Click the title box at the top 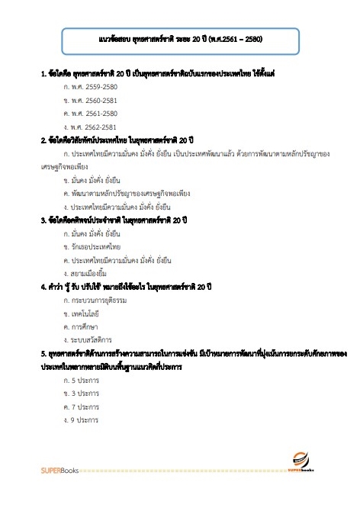pyautogui.click(x=182, y=37)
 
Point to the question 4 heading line pyautogui.click(x=126, y=287)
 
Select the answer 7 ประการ pyautogui.click(x=85, y=407)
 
